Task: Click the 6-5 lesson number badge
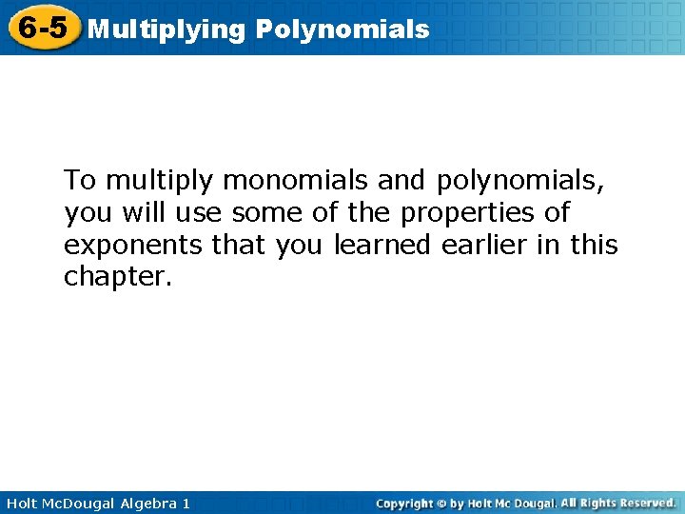coord(43,28)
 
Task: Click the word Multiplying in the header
coord(166,30)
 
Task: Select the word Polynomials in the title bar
coord(342,30)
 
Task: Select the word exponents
coord(132,246)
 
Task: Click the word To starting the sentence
coord(80,180)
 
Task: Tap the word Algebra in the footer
coord(146,503)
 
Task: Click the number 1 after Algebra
coord(186,503)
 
